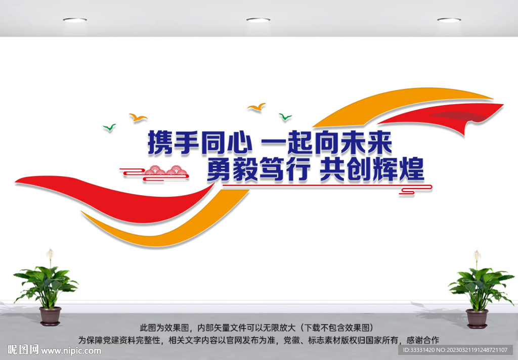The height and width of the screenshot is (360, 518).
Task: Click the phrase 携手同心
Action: click(199, 143)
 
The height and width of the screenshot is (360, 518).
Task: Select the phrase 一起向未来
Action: click(326, 143)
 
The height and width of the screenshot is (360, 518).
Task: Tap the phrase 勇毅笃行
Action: click(257, 171)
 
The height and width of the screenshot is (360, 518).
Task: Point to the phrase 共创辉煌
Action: click(372, 171)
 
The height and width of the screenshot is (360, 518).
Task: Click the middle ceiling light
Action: click(258, 20)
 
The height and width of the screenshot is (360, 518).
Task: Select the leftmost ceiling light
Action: click(75, 20)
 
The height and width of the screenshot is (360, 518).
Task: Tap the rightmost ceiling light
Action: click(449, 20)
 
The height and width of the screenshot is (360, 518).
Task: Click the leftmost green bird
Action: click(109, 127)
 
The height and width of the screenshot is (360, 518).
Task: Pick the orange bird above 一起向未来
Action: click(256, 107)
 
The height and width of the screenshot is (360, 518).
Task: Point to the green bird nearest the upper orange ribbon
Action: click(285, 117)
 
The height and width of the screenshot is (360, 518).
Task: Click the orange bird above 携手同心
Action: click(138, 117)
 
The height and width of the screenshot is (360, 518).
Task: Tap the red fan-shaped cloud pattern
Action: click(165, 173)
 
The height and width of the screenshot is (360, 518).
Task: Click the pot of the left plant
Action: click(50, 316)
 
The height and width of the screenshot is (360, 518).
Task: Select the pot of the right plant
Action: click(477, 319)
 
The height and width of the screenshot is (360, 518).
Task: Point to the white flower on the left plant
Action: click(50, 254)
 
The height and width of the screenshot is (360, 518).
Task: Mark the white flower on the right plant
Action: click(477, 255)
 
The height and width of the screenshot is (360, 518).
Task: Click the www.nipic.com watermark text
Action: click(71, 350)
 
